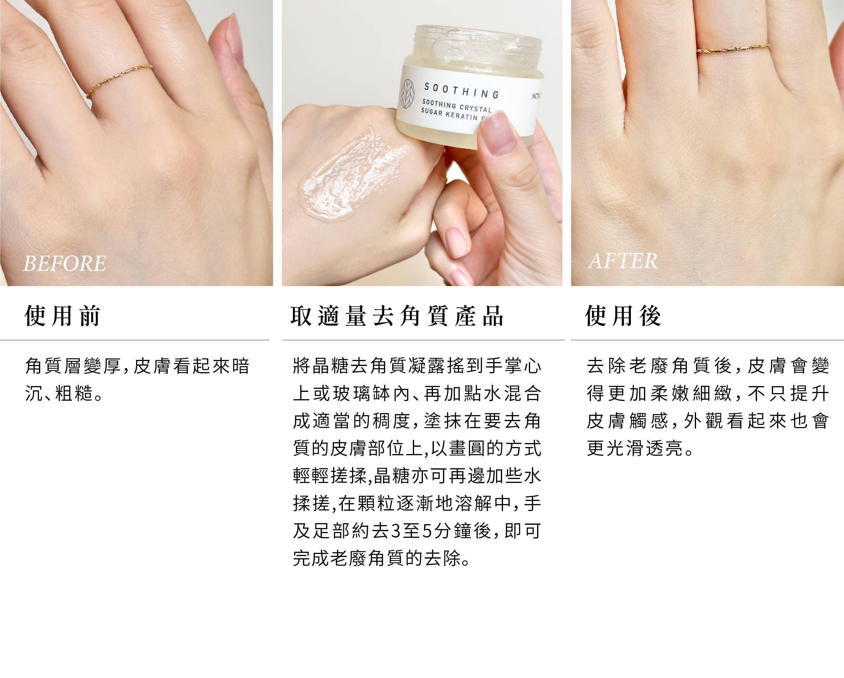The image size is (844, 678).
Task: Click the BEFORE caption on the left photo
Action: coord(65,263)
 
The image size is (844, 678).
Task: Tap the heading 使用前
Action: coord(63,316)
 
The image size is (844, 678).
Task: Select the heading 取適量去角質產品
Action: coord(397,316)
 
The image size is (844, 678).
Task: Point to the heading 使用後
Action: coord(623,316)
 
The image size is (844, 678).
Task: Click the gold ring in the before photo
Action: coord(119,81)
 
